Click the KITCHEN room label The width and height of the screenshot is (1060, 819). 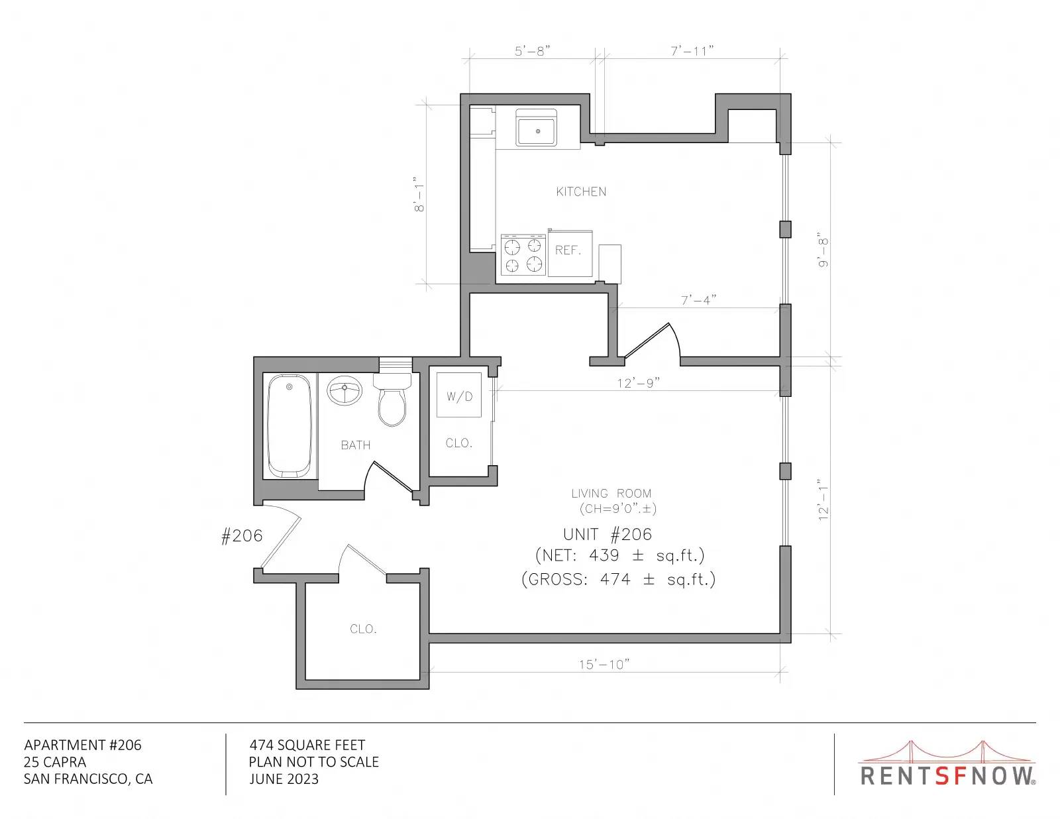581,191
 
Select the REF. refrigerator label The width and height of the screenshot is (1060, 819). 568,250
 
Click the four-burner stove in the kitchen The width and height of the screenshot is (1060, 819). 523,255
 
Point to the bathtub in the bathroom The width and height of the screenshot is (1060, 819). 290,426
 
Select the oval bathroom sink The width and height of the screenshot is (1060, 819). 344,390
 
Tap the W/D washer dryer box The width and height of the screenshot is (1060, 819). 459,395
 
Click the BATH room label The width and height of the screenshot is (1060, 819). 356,445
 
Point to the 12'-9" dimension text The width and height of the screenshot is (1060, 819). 638,383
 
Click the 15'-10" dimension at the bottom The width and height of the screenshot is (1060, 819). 604,665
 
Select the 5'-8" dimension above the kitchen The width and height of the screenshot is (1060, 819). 532,51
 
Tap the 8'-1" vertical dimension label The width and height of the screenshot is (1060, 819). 419,194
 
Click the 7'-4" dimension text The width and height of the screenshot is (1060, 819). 698,300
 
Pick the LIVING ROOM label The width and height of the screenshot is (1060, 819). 611,493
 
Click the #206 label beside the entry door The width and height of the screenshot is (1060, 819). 242,536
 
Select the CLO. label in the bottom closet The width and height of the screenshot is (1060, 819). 364,629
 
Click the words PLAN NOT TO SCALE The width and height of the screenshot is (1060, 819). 313,762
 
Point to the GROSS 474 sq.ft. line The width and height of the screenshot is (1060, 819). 619,579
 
